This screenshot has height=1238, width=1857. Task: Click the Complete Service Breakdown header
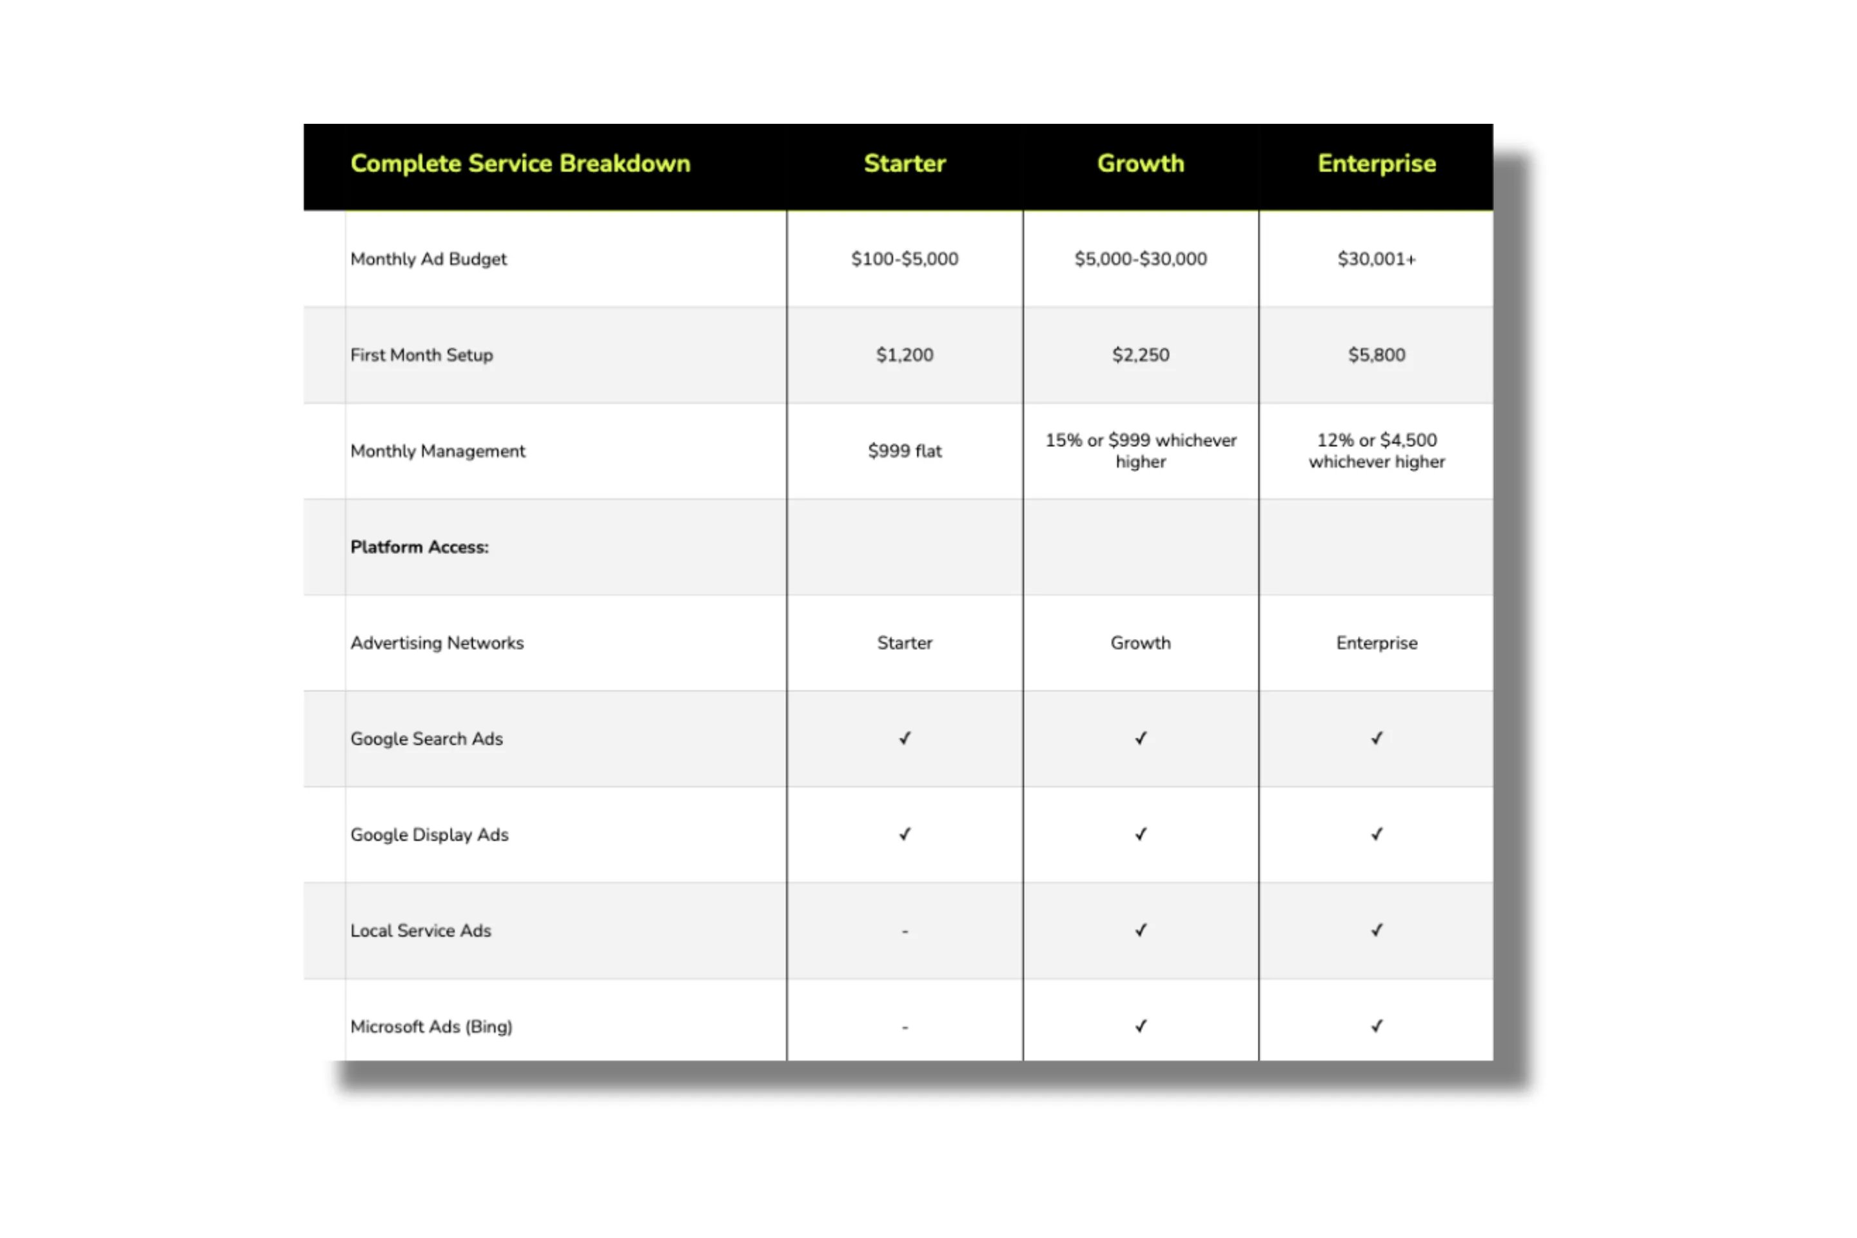[520, 163]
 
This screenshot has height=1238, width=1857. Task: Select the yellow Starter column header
[904, 163]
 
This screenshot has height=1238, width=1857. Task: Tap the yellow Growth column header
[1140, 163]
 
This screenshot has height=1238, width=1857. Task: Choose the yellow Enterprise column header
[1376, 163]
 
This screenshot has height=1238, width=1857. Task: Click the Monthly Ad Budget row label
[428, 259]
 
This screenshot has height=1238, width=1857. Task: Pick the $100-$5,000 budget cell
[904, 259]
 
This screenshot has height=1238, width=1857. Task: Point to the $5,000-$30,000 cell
[1140, 259]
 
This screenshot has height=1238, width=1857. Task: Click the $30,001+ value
[1376, 259]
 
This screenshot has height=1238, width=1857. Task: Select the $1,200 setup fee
[904, 355]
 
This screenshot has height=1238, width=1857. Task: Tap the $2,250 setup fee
[1140, 355]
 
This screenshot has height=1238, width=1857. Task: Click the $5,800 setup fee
[1376, 355]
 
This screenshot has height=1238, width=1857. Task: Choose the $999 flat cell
[904, 451]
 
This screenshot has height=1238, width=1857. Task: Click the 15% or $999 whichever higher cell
[1140, 451]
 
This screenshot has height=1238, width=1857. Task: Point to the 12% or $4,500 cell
[1376, 451]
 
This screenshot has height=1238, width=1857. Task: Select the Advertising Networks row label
[437, 643]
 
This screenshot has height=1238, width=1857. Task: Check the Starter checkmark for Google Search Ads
[905, 738]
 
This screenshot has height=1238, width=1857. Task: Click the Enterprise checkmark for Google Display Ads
[1376, 834]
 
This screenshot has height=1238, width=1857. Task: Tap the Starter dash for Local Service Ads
[905, 932]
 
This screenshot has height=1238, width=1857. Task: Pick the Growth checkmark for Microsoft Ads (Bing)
[1140, 1027]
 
